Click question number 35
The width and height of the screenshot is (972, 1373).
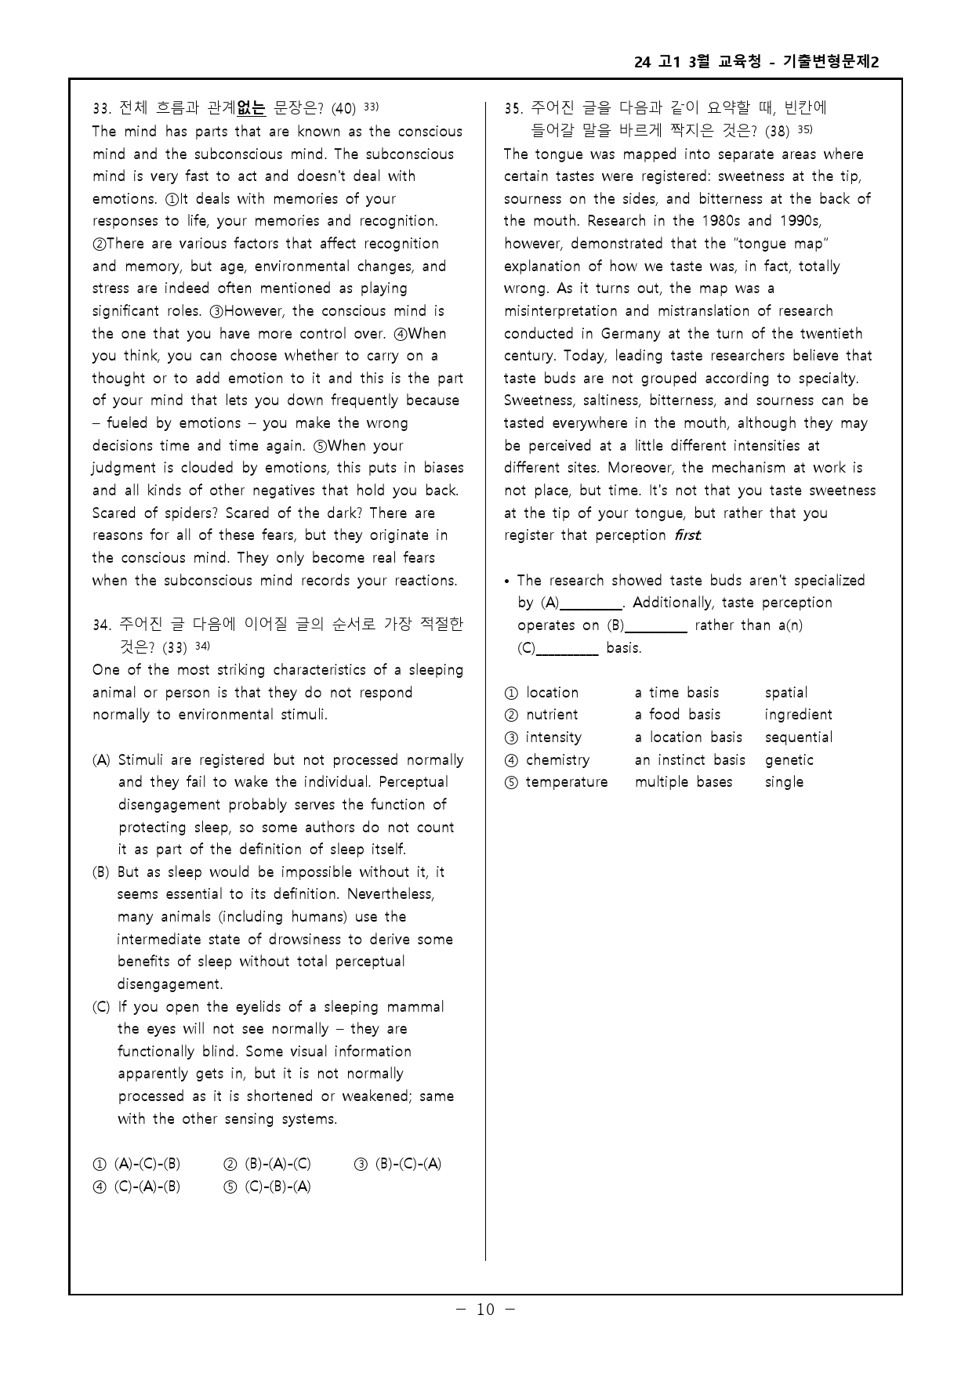click(513, 108)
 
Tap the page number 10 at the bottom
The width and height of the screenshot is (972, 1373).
click(485, 1310)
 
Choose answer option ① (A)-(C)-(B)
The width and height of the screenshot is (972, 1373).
click(138, 1164)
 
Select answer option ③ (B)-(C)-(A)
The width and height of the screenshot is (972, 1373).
click(398, 1164)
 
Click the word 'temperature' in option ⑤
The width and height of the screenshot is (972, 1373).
click(566, 782)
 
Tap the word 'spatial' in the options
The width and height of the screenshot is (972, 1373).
click(785, 693)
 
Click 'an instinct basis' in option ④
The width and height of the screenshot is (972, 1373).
click(689, 760)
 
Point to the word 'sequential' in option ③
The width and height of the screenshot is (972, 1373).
click(798, 737)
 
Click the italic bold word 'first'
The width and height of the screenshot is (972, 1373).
click(687, 535)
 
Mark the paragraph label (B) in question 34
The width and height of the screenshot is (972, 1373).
click(101, 872)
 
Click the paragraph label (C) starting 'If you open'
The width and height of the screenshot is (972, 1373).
click(101, 1007)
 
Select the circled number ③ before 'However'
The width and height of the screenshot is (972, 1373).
click(217, 311)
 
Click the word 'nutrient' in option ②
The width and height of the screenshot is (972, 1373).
click(552, 715)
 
